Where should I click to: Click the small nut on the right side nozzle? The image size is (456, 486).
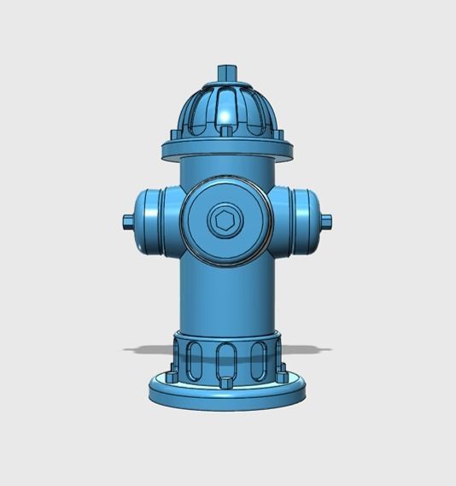327,221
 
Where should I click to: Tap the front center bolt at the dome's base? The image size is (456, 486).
227,130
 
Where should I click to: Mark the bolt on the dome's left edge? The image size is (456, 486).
174,133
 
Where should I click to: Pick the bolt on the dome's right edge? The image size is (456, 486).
280,133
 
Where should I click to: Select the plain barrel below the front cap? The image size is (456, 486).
227,295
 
